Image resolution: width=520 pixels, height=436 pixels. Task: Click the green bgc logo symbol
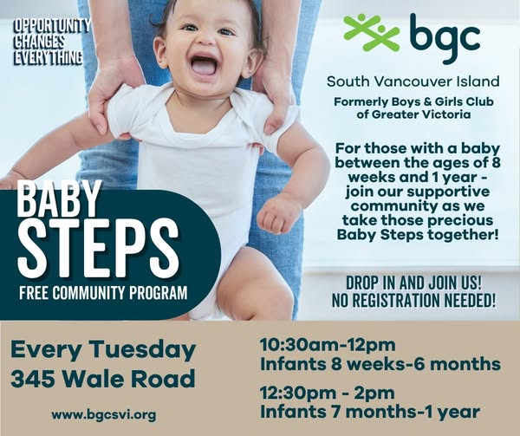372,32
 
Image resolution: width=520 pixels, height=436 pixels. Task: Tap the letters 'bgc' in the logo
445,38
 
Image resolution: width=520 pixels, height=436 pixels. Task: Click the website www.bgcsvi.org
103,415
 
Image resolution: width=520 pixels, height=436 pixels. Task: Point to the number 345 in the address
33,379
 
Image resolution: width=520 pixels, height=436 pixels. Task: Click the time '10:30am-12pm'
328,344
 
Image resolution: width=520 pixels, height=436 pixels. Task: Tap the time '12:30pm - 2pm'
328,394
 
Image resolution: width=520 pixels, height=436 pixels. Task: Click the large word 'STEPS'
98,248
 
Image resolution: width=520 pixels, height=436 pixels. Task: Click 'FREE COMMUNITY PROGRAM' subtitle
103,292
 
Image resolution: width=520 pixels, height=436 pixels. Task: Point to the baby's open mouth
203,64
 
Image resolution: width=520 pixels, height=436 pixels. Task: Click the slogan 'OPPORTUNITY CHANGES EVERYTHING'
51,42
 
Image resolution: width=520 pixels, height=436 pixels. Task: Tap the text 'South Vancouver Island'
413,81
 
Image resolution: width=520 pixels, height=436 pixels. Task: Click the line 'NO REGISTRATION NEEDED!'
414,301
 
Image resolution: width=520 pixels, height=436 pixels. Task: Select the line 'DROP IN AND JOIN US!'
414,283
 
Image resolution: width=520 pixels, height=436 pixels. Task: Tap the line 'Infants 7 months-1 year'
370,412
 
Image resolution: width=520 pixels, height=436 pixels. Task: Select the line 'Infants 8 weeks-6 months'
380,364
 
